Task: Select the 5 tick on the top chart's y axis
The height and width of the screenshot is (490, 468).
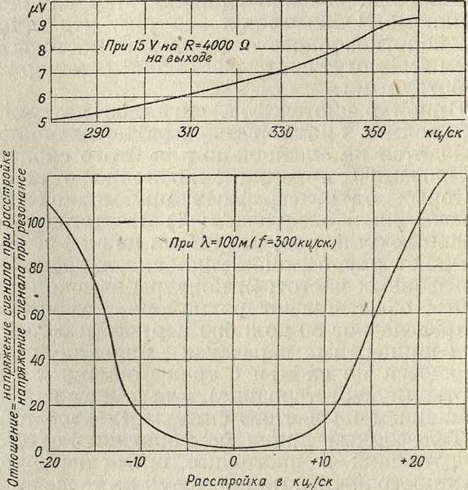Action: pos(42,122)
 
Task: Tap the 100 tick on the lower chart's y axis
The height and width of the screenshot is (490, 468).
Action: pos(35,223)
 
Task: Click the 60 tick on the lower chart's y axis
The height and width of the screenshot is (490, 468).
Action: pos(37,314)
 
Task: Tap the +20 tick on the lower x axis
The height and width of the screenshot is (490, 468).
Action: pos(413,464)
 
